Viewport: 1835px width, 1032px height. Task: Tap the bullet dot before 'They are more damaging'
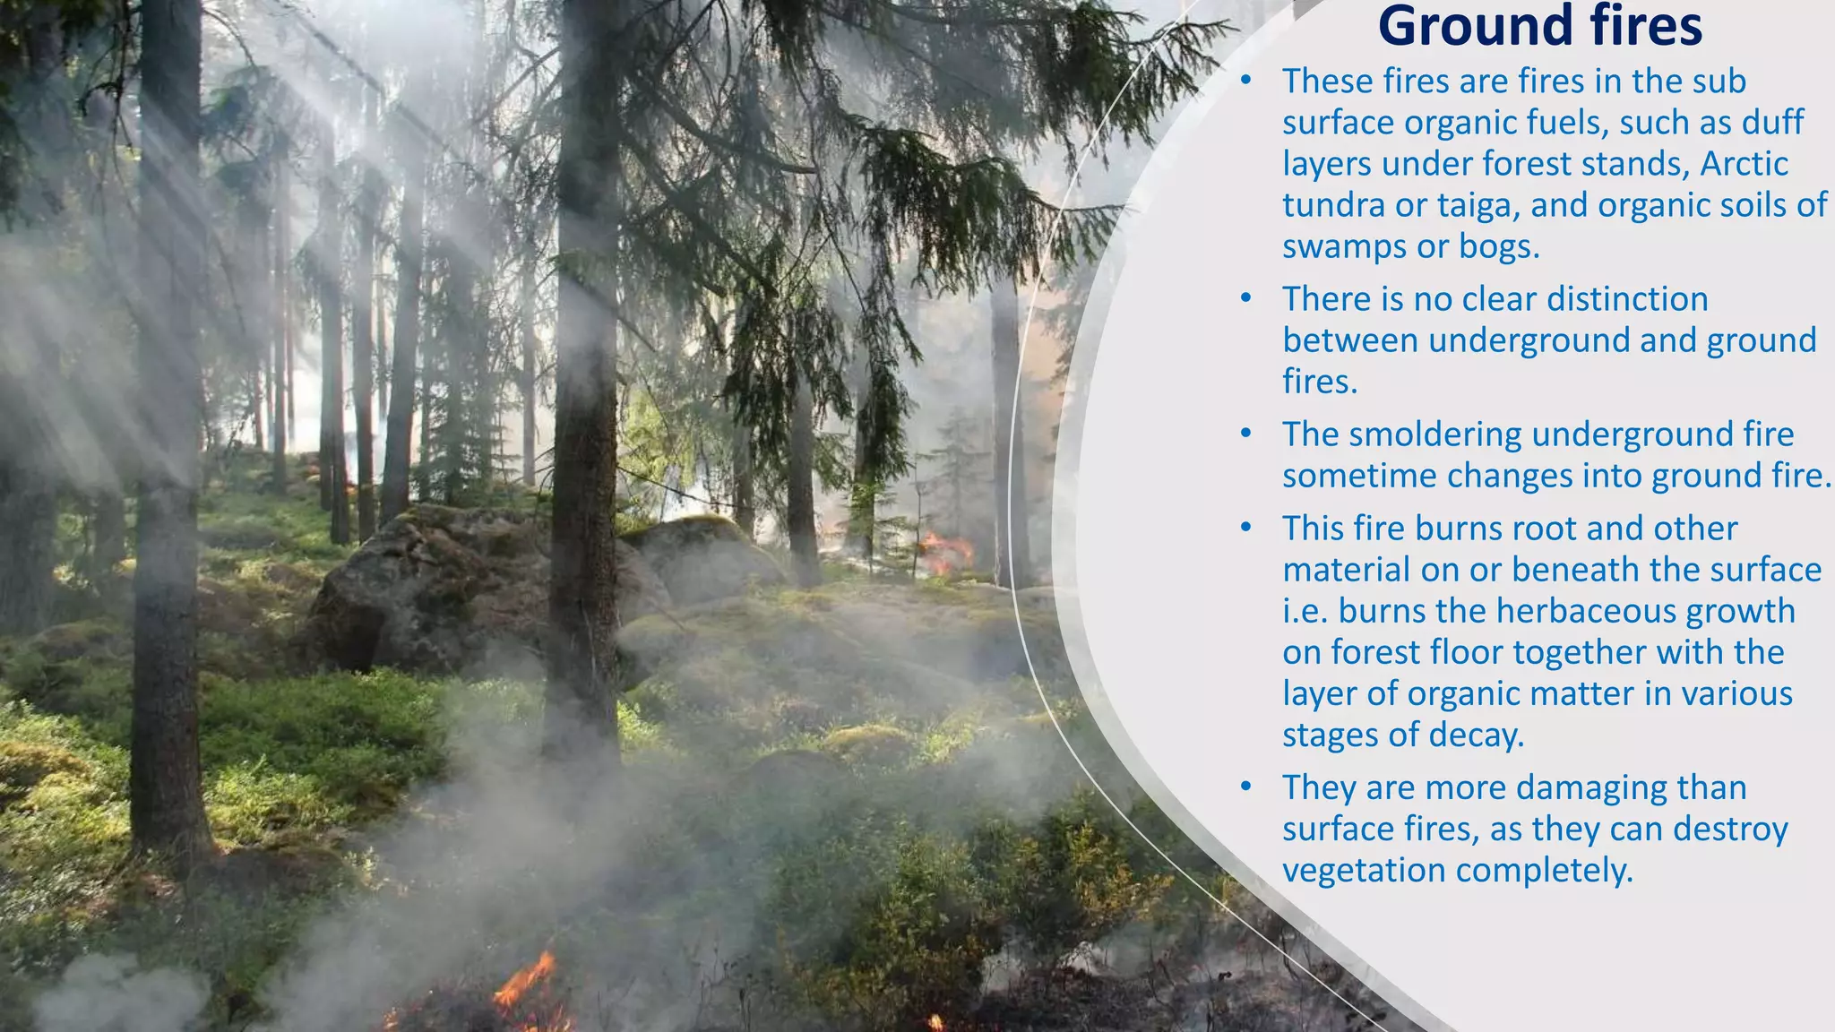(1245, 787)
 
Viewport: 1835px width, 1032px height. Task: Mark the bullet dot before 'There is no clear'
(1245, 298)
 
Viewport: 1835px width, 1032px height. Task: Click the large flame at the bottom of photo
(529, 985)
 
